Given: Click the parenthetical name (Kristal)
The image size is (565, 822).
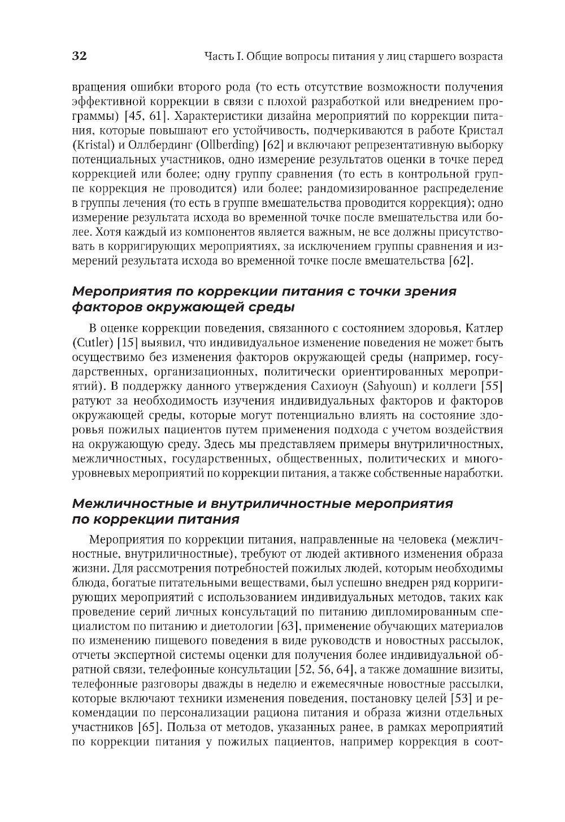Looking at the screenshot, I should pyautogui.click(x=93, y=144).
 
